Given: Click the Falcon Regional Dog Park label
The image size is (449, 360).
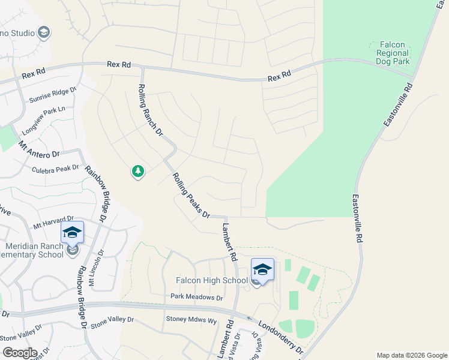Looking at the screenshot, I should tap(392, 53).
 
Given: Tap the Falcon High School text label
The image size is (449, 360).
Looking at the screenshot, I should tap(211, 280).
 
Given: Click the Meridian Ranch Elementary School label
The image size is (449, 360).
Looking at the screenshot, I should tap(34, 250).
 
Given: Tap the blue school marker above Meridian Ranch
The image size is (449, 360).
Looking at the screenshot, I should tap(71, 232).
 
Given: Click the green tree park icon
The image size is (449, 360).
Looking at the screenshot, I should tap(138, 172).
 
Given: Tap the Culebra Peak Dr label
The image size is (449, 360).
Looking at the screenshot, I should tap(55, 169).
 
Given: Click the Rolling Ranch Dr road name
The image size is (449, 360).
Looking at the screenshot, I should tap(151, 102).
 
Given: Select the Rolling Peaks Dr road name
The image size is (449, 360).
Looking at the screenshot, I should tap(190, 195).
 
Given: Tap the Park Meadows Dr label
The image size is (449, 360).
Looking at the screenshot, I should tap(196, 297).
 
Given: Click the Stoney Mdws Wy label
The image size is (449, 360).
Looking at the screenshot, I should tap(191, 320).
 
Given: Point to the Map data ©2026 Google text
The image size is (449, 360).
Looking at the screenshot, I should tap(411, 355).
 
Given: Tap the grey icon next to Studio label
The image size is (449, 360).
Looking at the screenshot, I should tap(43, 32).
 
